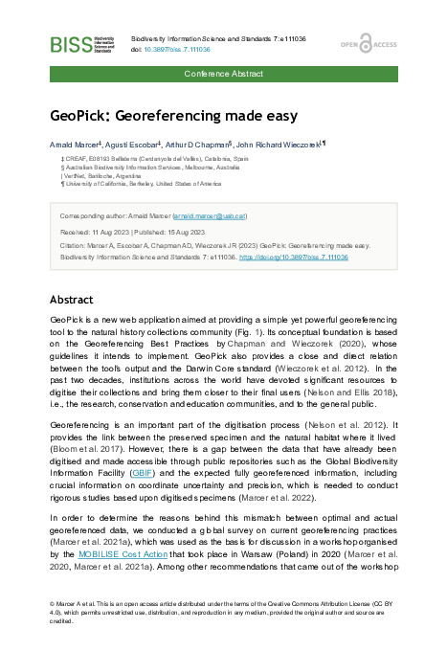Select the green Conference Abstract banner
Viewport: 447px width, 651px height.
pos(223,73)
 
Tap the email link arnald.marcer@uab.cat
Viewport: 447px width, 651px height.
pos(210,216)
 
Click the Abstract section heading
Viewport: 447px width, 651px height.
pos(71,299)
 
